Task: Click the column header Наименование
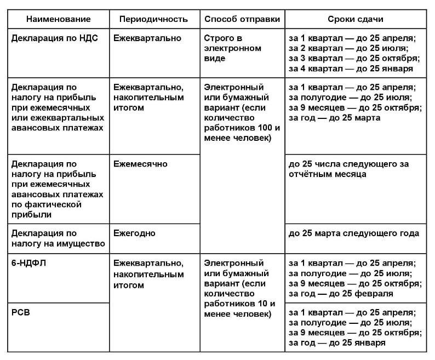click(58, 19)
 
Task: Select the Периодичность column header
click(153, 19)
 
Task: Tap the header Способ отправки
click(242, 19)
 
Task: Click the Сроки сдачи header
click(356, 19)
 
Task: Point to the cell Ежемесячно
click(140, 164)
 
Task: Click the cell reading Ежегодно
click(135, 233)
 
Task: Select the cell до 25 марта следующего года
click(353, 233)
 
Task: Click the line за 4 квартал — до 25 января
click(351, 69)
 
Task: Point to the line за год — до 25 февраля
click(340, 294)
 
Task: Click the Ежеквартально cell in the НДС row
click(147, 38)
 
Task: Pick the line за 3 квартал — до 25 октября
click(353, 59)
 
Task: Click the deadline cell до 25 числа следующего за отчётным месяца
click(349, 169)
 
